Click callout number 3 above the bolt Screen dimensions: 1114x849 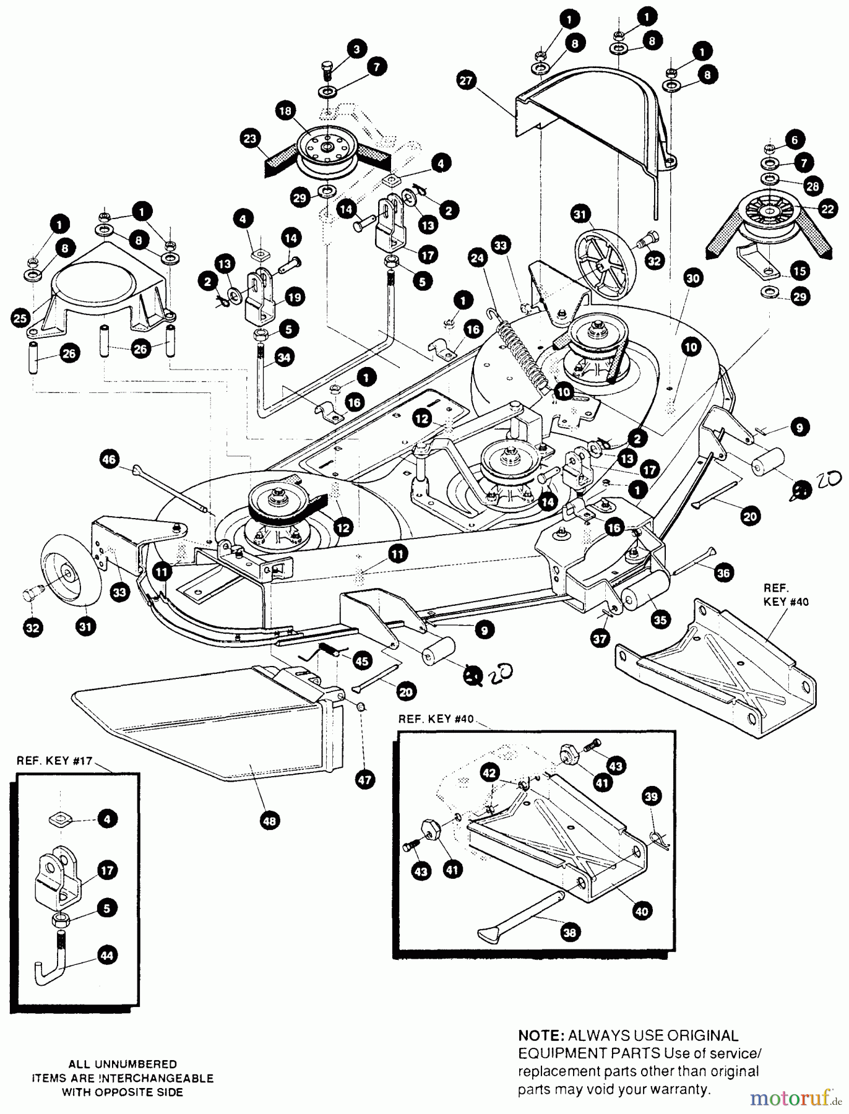[356, 48]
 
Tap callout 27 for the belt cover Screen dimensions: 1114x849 [467, 80]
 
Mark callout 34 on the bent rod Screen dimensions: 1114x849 [287, 357]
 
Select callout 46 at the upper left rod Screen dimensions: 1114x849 [109, 459]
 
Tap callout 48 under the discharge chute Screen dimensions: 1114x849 [270, 821]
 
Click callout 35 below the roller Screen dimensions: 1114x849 [662, 620]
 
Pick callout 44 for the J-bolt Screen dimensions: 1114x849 [107, 955]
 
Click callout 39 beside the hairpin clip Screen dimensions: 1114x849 [652, 797]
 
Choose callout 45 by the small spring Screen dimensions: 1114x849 [361, 662]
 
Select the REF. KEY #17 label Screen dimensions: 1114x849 [54, 761]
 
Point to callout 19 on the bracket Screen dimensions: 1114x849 [294, 297]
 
